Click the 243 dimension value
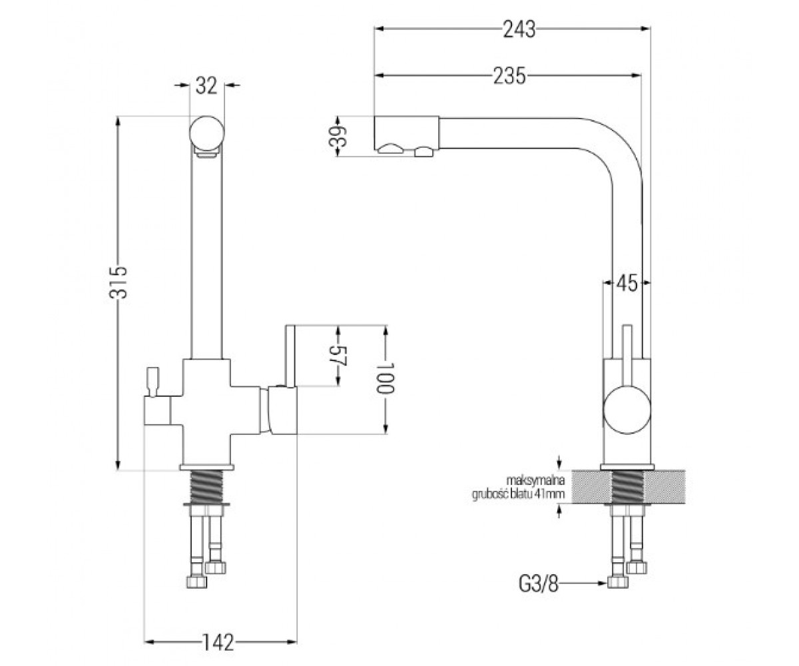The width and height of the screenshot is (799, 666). [x=519, y=29]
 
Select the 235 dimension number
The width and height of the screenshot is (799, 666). [x=509, y=76]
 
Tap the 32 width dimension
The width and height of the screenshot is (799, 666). [x=206, y=85]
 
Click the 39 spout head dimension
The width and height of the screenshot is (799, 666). [x=337, y=136]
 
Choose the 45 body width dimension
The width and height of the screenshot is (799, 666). [x=627, y=284]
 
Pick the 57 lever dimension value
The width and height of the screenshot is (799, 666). [x=337, y=356]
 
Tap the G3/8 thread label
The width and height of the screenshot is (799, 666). [x=539, y=585]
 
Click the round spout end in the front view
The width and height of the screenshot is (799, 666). [x=206, y=133]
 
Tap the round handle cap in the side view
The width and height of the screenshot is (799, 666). [x=627, y=410]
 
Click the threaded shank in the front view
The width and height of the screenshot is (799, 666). [x=206, y=486]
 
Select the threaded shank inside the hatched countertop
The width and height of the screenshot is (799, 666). [x=627, y=486]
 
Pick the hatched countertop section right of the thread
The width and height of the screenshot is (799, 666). [x=664, y=486]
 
